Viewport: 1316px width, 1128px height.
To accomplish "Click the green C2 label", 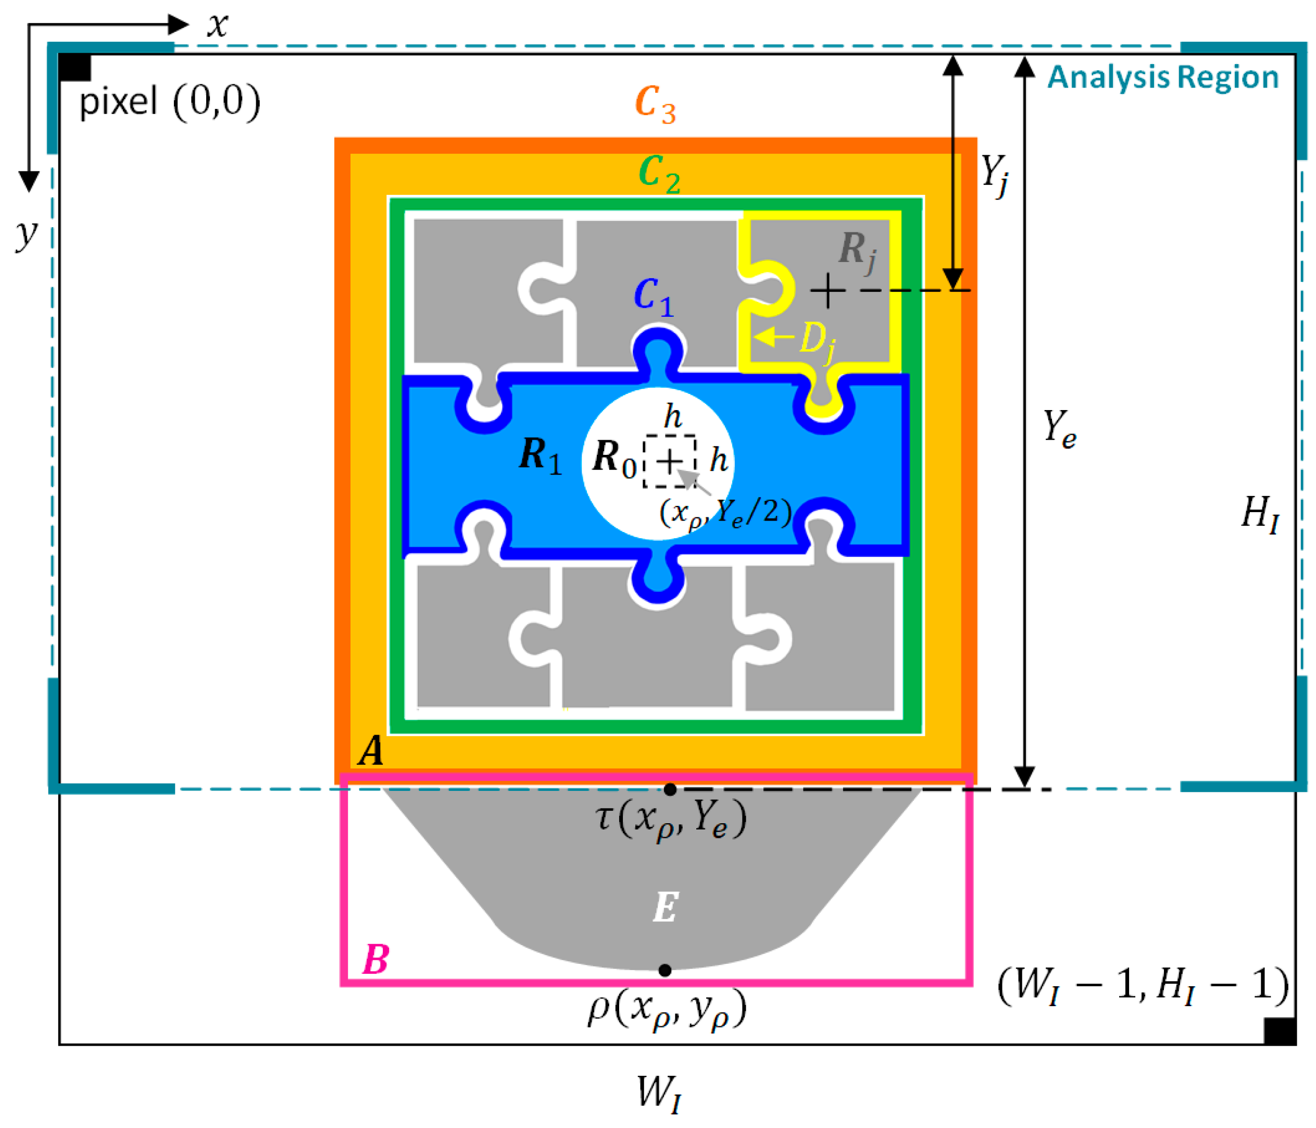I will (x=659, y=173).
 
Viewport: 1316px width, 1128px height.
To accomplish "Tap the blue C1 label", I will (x=653, y=296).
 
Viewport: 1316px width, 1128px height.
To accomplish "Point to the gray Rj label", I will (x=857, y=251).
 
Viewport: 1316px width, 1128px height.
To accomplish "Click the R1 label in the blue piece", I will (x=540, y=456).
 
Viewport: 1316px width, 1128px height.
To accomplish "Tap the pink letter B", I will (x=375, y=960).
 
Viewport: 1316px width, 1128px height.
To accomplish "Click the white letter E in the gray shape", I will (x=665, y=908).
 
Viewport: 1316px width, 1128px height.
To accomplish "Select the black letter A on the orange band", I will (x=371, y=750).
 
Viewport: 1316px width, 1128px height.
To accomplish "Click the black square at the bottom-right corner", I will (x=1279, y=1031).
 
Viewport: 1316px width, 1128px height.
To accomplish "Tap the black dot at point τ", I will (x=670, y=790).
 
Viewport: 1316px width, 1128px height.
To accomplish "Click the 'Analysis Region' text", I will (x=1162, y=78).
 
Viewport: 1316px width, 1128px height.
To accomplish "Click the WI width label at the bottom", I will (x=659, y=1093).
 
